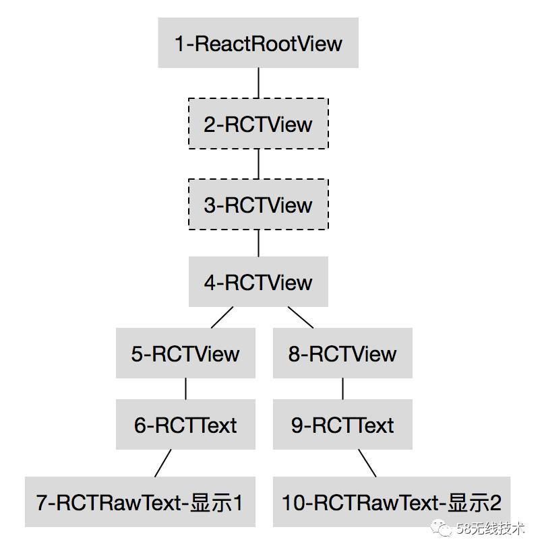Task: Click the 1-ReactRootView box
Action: (x=258, y=44)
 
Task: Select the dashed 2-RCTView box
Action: (x=258, y=124)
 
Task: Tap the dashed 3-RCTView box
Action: (x=258, y=205)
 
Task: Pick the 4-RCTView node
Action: (x=258, y=281)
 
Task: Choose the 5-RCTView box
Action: (x=185, y=353)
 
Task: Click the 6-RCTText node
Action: (x=185, y=425)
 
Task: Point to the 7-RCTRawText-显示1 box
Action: (x=140, y=502)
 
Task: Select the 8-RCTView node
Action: (x=342, y=353)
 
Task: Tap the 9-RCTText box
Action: (x=342, y=425)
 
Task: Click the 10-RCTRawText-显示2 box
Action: (x=392, y=502)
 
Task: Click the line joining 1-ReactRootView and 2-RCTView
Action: (x=258, y=83)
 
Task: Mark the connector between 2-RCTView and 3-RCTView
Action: (x=258, y=164)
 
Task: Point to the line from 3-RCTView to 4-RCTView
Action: (x=258, y=243)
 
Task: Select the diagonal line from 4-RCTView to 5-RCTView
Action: (x=222, y=317)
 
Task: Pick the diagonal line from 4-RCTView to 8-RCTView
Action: (x=301, y=317)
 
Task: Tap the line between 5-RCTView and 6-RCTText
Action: (x=185, y=389)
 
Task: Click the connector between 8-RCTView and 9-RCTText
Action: (x=342, y=389)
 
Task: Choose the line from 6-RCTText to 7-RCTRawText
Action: (x=163, y=462)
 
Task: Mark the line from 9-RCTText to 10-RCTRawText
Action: (x=367, y=462)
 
